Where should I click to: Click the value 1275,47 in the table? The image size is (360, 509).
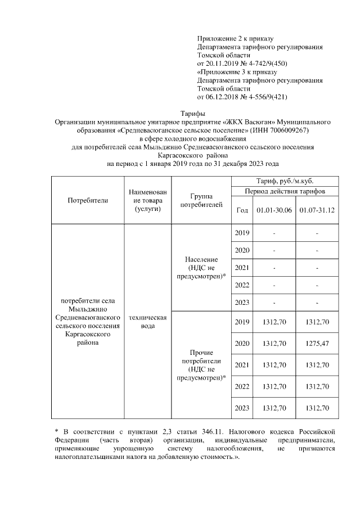pyautogui.click(x=317, y=343)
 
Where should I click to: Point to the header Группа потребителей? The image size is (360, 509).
pyautogui.click(x=201, y=200)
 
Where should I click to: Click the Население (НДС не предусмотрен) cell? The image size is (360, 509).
pyautogui.click(x=201, y=268)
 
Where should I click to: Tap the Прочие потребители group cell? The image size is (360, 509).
pyautogui.click(x=201, y=364)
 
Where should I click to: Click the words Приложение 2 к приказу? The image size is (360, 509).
pyautogui.click(x=235, y=38)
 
